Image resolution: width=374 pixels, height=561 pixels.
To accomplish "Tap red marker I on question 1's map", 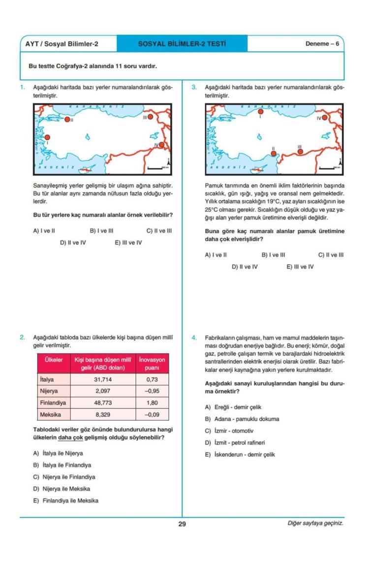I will [x=47, y=137].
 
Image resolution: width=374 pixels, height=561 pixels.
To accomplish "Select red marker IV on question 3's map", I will [x=325, y=118].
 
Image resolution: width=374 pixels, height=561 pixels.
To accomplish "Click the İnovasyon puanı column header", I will [x=152, y=364].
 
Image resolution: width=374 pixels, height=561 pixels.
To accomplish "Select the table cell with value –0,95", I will [x=152, y=391].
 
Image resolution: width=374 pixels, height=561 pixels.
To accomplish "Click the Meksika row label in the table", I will [x=50, y=414].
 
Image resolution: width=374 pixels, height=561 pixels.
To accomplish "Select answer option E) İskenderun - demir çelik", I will [x=240, y=454].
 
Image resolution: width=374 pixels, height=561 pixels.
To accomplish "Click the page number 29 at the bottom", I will [x=182, y=524].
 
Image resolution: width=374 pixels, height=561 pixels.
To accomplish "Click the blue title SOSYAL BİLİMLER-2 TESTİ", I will [x=182, y=44].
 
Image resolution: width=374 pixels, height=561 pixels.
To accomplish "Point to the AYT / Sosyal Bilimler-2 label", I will [x=62, y=44].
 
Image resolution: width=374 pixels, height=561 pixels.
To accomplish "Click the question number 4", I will [x=194, y=338].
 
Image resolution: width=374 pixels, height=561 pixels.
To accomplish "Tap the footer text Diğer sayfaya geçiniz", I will [x=315, y=523].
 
